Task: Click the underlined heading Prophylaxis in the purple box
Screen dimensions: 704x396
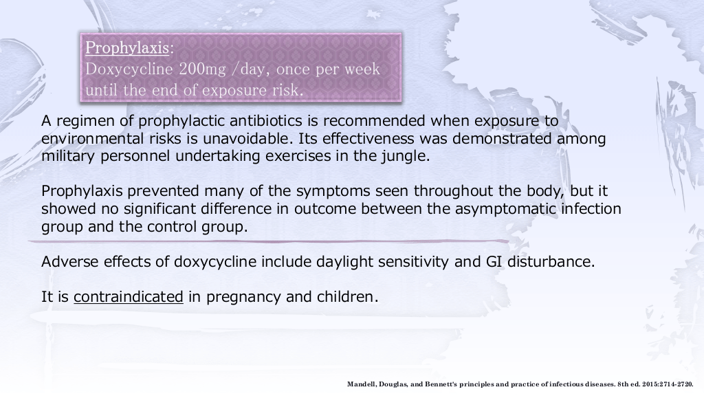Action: point(127,48)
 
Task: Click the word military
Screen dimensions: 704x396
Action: point(68,156)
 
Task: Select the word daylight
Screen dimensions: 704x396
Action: point(344,262)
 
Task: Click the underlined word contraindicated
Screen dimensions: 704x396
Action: point(129,297)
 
